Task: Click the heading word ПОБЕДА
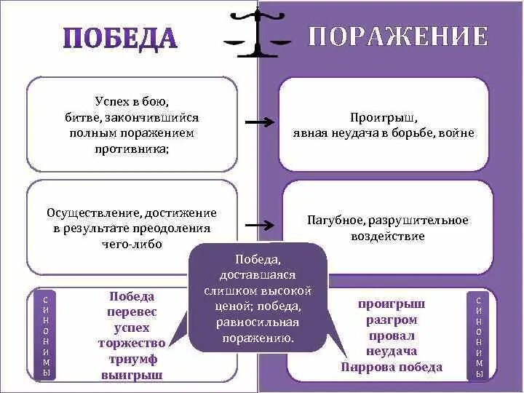click(x=120, y=39)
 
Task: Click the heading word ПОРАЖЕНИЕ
click(x=397, y=36)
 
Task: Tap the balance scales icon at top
click(x=258, y=33)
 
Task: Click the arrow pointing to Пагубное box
click(x=258, y=226)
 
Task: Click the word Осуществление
click(x=93, y=213)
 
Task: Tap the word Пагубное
click(x=337, y=220)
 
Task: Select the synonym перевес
click(x=132, y=311)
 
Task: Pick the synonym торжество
click(x=132, y=344)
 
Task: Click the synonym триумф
click(x=132, y=360)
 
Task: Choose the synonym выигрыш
click(x=132, y=376)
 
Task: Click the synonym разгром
click(x=392, y=319)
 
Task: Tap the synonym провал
click(x=392, y=336)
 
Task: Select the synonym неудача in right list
click(x=392, y=352)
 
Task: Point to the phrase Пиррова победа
click(x=392, y=368)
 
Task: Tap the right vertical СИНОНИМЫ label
click(x=478, y=336)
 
